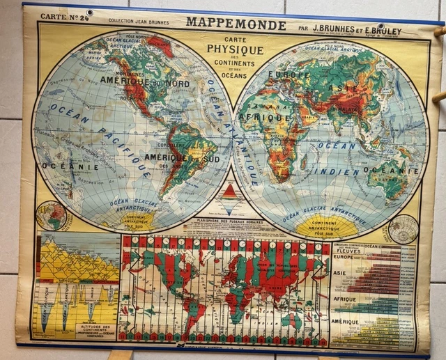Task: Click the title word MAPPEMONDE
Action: point(236,25)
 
